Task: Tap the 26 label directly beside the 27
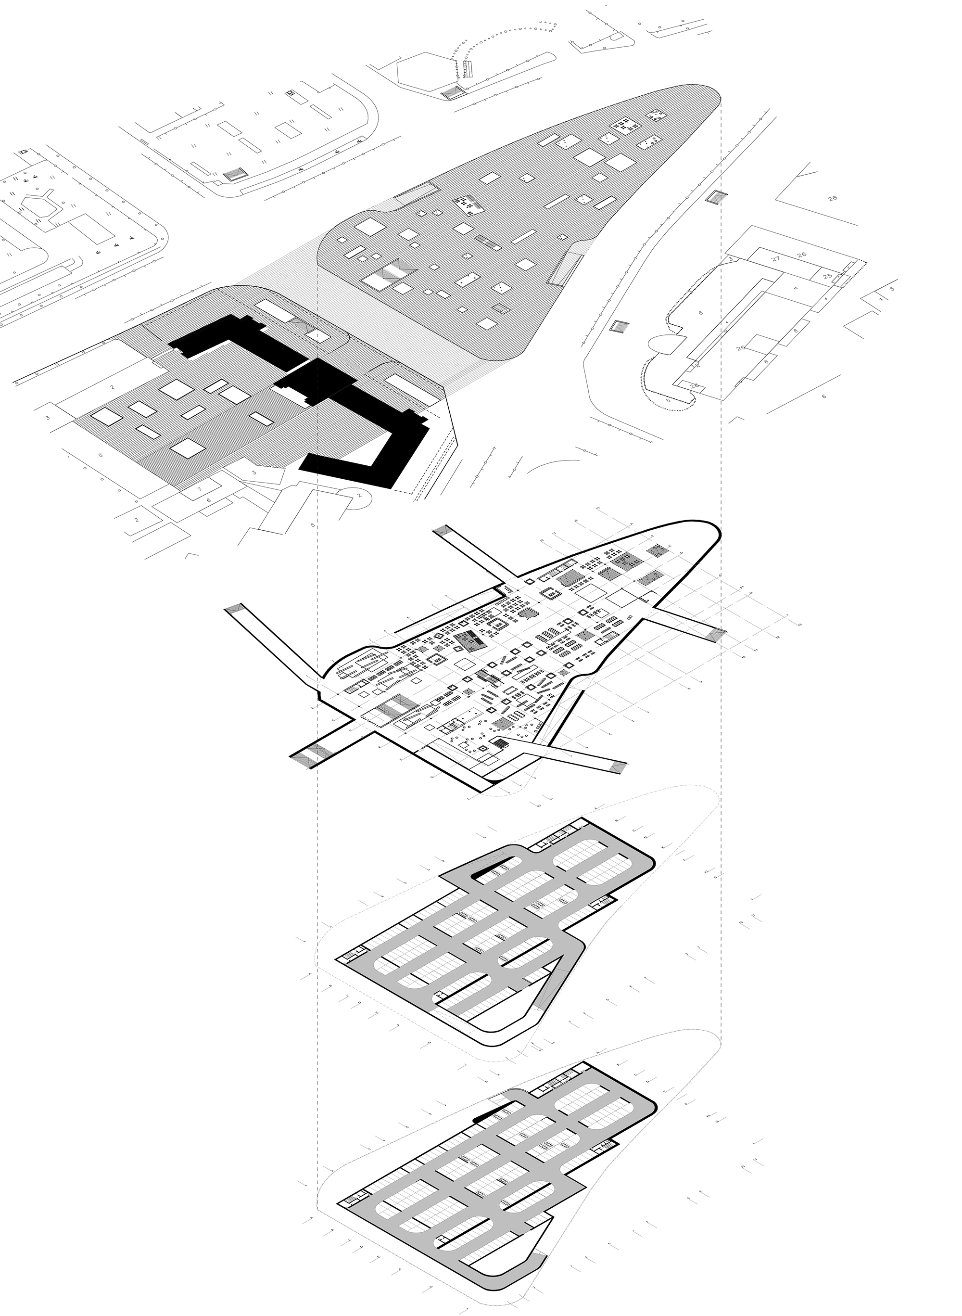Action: coord(802,255)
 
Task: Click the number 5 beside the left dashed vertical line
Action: coord(313,525)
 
